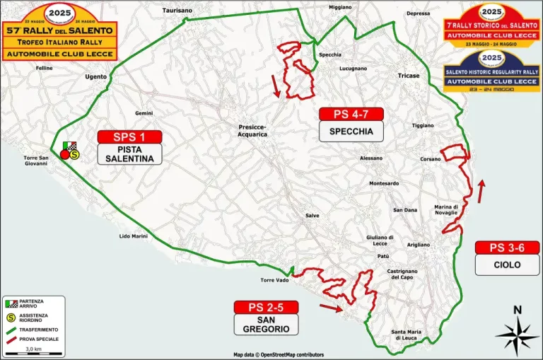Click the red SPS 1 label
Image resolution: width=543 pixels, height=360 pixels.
click(x=129, y=137)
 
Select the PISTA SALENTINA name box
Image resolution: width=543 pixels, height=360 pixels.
click(x=129, y=154)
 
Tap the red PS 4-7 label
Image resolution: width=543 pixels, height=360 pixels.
click(x=351, y=114)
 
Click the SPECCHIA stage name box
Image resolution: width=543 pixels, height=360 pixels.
click(x=351, y=132)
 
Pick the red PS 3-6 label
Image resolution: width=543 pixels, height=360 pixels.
click(x=508, y=248)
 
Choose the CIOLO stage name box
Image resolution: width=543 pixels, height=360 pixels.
click(x=508, y=265)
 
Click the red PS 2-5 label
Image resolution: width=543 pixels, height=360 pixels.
click(x=267, y=307)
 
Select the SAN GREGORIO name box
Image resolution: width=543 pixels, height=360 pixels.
click(x=267, y=324)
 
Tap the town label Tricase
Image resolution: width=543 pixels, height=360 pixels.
click(x=408, y=76)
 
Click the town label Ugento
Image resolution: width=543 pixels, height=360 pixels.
click(x=95, y=76)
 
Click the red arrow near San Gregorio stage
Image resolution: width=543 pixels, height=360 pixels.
click(x=330, y=307)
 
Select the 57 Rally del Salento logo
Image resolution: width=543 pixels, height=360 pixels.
click(x=59, y=32)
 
